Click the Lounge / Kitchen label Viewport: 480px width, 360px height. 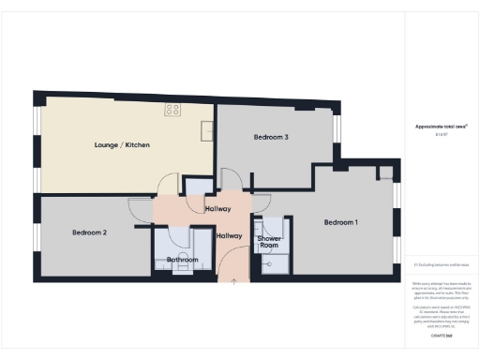pyautogui.click(x=122, y=145)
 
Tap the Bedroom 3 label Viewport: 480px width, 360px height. pyautogui.click(x=270, y=137)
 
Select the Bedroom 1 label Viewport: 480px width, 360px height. pyautogui.click(x=340, y=222)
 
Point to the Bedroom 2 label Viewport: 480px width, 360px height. pyautogui.click(x=90, y=232)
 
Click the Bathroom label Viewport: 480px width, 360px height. pyautogui.click(x=182, y=260)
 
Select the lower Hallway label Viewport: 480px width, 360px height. pyautogui.click(x=229, y=236)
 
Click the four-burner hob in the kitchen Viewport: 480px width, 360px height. pyautogui.click(x=172, y=110)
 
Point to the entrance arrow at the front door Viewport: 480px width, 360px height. pyautogui.click(x=233, y=280)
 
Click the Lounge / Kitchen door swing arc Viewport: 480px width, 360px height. pyautogui.click(x=168, y=186)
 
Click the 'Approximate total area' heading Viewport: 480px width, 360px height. pyautogui.click(x=441, y=127)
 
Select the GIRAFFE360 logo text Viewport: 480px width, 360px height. pyautogui.click(x=442, y=335)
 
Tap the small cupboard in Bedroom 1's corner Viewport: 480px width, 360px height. pyautogui.click(x=385, y=172)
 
